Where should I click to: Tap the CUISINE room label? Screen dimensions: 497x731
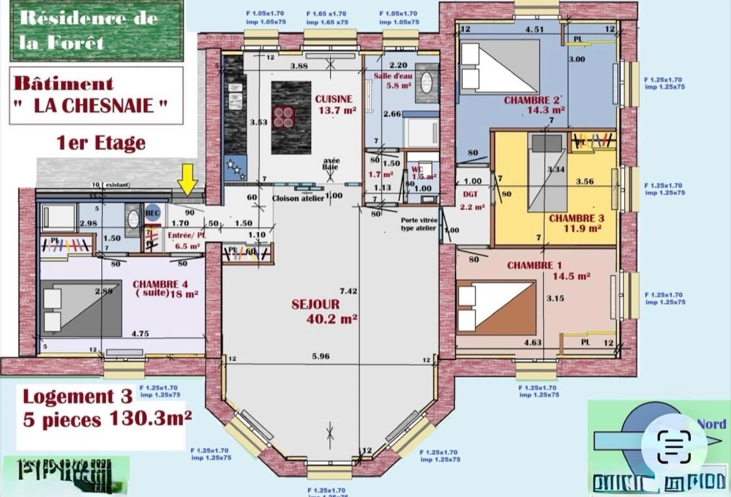(x=334, y=99)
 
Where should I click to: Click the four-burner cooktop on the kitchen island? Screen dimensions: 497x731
(x=284, y=116)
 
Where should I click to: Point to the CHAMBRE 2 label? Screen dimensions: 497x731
(x=532, y=100)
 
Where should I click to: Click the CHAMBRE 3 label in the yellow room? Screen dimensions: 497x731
(x=576, y=218)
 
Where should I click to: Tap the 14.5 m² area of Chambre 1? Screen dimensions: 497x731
(x=571, y=276)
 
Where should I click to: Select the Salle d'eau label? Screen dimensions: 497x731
(x=393, y=76)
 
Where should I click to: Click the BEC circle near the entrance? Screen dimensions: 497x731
(x=152, y=213)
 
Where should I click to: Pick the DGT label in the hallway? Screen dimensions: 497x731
(x=470, y=195)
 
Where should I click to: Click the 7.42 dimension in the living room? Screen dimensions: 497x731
(x=348, y=291)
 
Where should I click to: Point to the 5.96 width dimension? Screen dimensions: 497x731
(x=320, y=356)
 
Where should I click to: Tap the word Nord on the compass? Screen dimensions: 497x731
(x=711, y=424)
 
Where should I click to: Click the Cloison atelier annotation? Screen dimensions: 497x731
(x=298, y=198)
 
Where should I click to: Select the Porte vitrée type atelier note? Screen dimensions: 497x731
(x=418, y=224)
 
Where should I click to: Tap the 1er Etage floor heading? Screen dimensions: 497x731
(x=101, y=143)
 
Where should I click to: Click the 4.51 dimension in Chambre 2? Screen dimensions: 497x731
(x=534, y=29)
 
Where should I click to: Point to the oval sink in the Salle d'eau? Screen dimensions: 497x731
(x=427, y=83)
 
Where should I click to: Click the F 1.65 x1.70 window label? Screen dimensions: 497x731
(x=326, y=14)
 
